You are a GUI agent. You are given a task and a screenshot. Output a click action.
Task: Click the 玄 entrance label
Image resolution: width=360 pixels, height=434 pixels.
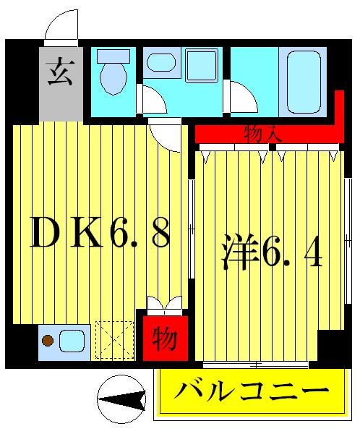click(x=60, y=75)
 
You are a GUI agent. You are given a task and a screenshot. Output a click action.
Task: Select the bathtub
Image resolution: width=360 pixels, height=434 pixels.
click(x=302, y=80)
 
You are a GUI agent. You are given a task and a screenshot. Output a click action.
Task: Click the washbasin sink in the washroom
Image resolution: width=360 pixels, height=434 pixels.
click(x=160, y=63)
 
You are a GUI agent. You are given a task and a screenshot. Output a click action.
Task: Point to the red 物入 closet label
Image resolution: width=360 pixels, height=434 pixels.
click(x=258, y=134)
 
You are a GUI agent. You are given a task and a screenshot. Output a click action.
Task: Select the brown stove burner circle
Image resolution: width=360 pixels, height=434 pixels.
click(x=48, y=339)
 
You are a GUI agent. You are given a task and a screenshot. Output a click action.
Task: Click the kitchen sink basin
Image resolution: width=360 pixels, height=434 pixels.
click(x=72, y=339)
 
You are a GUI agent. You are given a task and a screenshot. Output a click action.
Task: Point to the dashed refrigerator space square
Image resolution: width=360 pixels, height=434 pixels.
click(x=113, y=339)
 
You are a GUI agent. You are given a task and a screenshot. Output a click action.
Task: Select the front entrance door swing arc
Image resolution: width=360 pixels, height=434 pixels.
click(x=61, y=27)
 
